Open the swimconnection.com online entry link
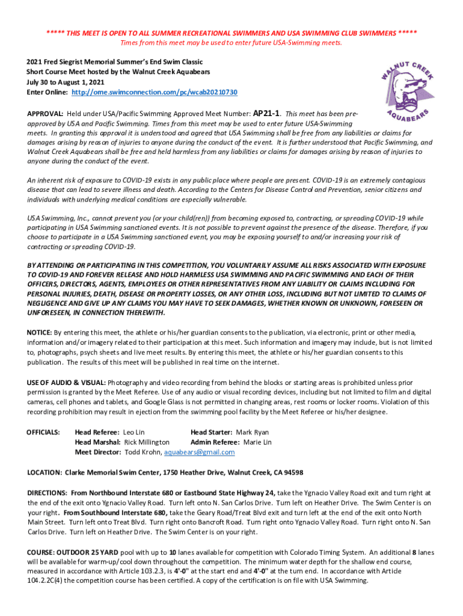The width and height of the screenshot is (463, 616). point(155,93)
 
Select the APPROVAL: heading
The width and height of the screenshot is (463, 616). point(46,114)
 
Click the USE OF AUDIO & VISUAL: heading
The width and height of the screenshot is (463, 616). point(67,383)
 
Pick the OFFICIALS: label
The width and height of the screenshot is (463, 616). point(43,433)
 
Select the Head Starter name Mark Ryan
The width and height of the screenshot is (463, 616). point(253,433)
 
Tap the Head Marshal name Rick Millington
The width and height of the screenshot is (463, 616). point(147,442)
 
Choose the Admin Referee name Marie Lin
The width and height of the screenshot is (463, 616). point(257,442)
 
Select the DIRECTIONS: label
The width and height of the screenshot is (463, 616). point(48,492)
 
